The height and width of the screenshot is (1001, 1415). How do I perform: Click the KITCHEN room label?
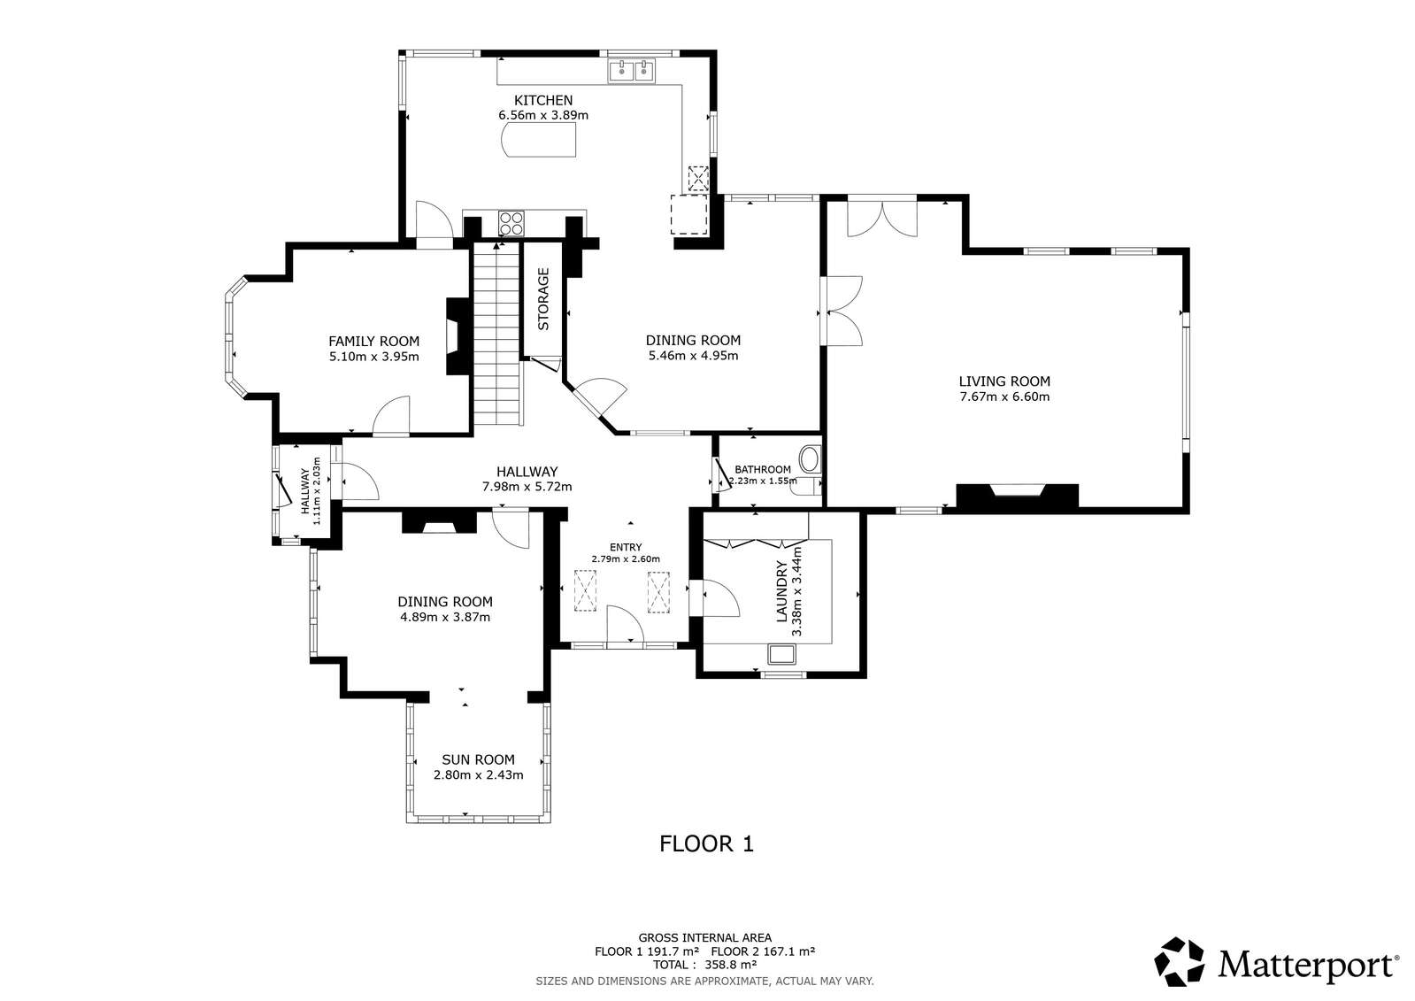click(543, 100)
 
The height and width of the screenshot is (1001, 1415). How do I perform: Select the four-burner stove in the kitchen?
click(511, 222)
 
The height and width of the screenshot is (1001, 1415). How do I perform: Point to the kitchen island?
click(538, 140)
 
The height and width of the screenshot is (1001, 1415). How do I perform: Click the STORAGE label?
click(543, 299)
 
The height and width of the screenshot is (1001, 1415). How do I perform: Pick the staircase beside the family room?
click(498, 335)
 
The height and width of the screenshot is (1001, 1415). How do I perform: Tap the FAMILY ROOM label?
click(374, 342)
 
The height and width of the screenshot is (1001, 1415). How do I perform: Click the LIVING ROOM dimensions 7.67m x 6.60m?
click(1004, 397)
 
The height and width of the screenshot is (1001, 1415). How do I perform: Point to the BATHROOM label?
click(763, 470)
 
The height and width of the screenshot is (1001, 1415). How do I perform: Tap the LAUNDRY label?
click(782, 591)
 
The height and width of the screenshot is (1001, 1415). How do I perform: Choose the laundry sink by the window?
click(782, 654)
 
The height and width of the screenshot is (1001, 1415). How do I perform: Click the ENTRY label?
click(626, 547)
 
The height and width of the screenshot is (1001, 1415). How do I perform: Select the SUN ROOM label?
click(478, 759)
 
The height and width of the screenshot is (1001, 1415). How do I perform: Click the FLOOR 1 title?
click(706, 843)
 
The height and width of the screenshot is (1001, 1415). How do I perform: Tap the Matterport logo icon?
click(1180, 962)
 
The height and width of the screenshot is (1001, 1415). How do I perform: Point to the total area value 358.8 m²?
click(731, 965)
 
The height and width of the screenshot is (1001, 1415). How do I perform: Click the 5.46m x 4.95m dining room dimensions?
click(693, 355)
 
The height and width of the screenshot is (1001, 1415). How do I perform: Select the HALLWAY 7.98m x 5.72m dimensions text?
click(527, 487)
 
